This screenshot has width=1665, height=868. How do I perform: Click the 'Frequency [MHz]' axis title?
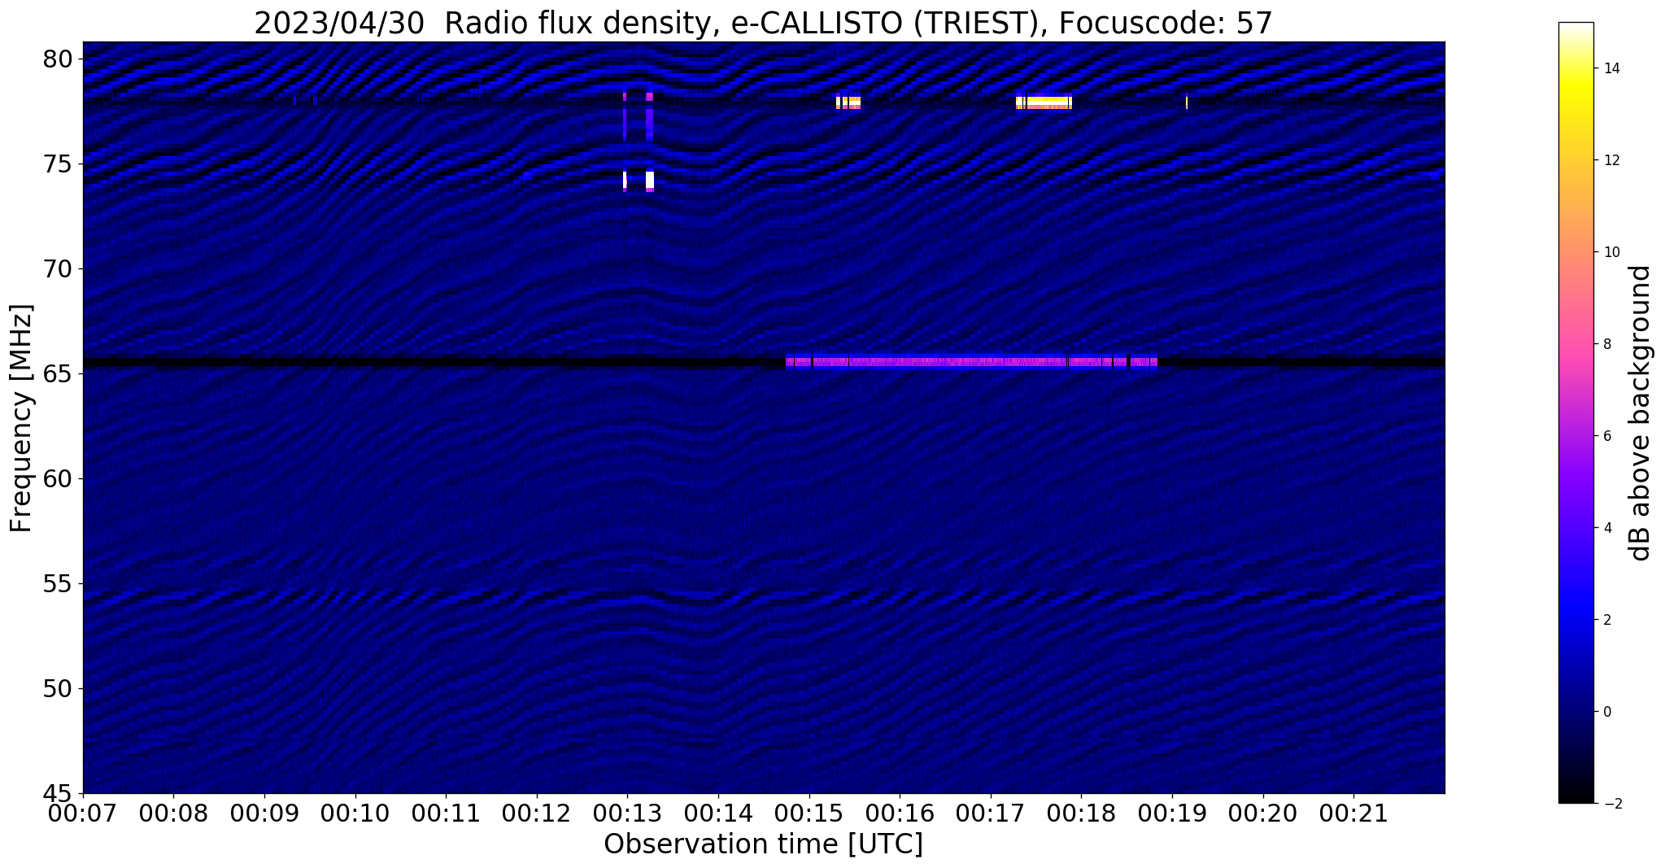[21, 418]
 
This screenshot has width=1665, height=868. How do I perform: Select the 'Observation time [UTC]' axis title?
[763, 844]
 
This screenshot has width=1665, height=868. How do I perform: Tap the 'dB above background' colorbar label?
[1641, 412]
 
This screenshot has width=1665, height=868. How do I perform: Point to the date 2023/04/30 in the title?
[339, 24]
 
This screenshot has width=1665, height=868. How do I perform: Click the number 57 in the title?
[1256, 24]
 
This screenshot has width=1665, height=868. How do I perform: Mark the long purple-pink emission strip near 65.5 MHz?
[971, 362]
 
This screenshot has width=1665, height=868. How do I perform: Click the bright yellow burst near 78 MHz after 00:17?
[1044, 103]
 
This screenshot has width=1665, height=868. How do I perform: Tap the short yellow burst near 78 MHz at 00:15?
[848, 103]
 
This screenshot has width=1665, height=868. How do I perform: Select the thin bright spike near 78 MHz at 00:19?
[1187, 103]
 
